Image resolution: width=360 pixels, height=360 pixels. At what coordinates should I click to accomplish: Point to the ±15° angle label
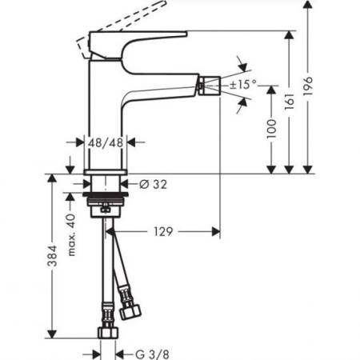[243, 83]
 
